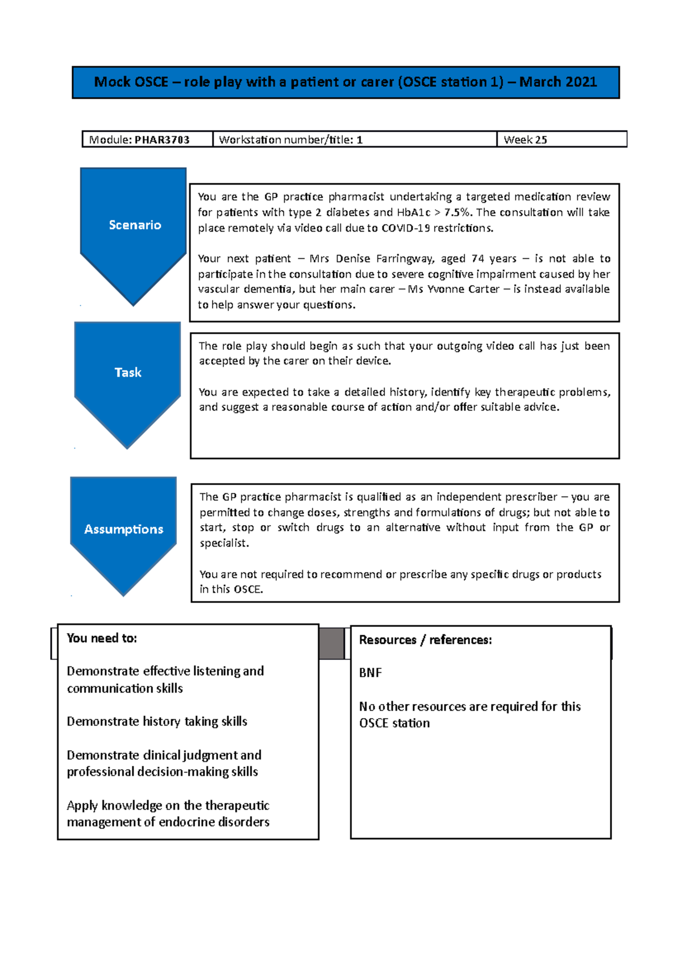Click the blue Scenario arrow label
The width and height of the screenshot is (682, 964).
[135, 225]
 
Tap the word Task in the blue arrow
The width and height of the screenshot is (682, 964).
[128, 372]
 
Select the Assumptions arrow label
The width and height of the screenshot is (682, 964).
[123, 529]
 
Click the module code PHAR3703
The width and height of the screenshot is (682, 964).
[162, 140]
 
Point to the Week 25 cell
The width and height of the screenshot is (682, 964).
[525, 140]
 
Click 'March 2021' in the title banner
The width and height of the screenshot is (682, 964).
[558, 82]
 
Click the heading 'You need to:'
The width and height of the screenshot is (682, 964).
[102, 638]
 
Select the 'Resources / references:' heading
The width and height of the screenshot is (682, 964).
[425, 640]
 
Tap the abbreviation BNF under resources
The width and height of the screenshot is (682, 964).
[370, 673]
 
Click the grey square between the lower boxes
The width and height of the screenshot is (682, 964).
[331, 643]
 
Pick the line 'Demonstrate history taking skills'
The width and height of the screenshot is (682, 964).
[157, 722]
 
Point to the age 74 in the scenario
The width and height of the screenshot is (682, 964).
[477, 259]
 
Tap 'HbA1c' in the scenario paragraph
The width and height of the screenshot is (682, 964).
[413, 212]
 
